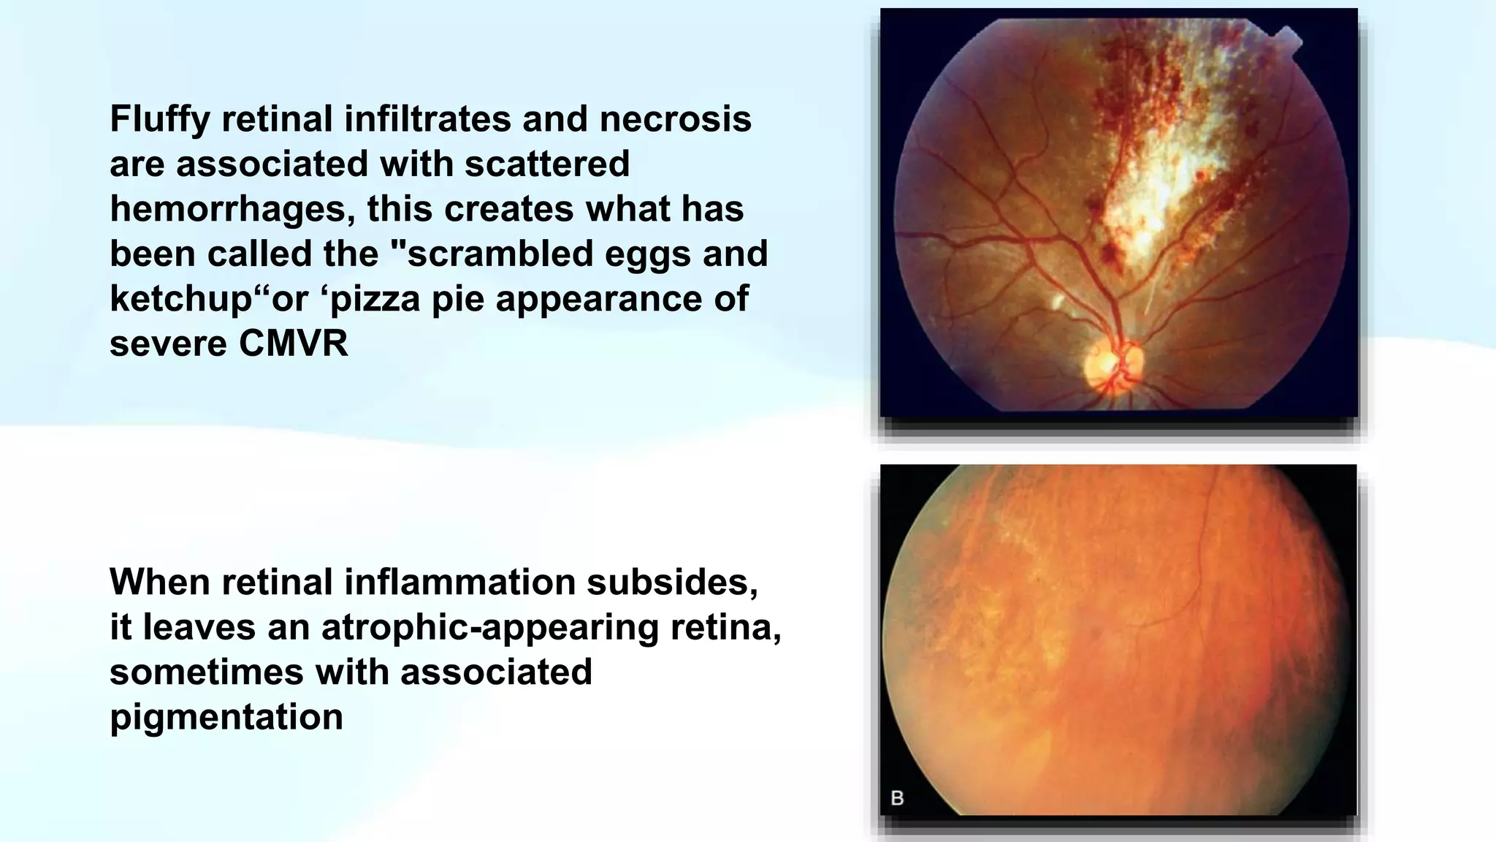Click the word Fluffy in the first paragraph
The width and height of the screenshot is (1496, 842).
pos(160,119)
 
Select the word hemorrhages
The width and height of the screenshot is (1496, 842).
pos(232,210)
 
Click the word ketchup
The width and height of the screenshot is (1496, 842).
pos(180,299)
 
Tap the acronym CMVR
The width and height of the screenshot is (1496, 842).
pos(293,344)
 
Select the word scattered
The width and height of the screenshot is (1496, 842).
pos(547,164)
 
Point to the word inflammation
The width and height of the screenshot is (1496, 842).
pos(462,583)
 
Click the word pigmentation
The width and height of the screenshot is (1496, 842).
pos(226,717)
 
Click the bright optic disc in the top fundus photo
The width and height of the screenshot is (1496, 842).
pos(1104,368)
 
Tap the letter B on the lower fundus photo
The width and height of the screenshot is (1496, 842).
pos(898,797)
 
